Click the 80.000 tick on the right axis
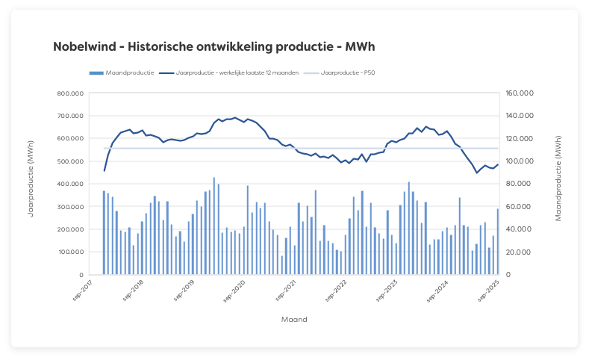pos(517,184)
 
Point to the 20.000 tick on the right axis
pos(517,252)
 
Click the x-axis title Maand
pos(293,319)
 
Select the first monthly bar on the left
pos(104,233)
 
